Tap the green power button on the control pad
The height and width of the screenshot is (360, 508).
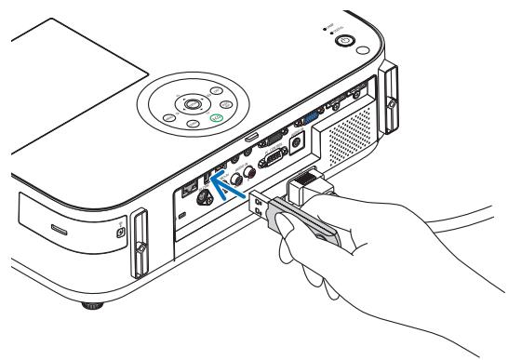pos(217,119)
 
